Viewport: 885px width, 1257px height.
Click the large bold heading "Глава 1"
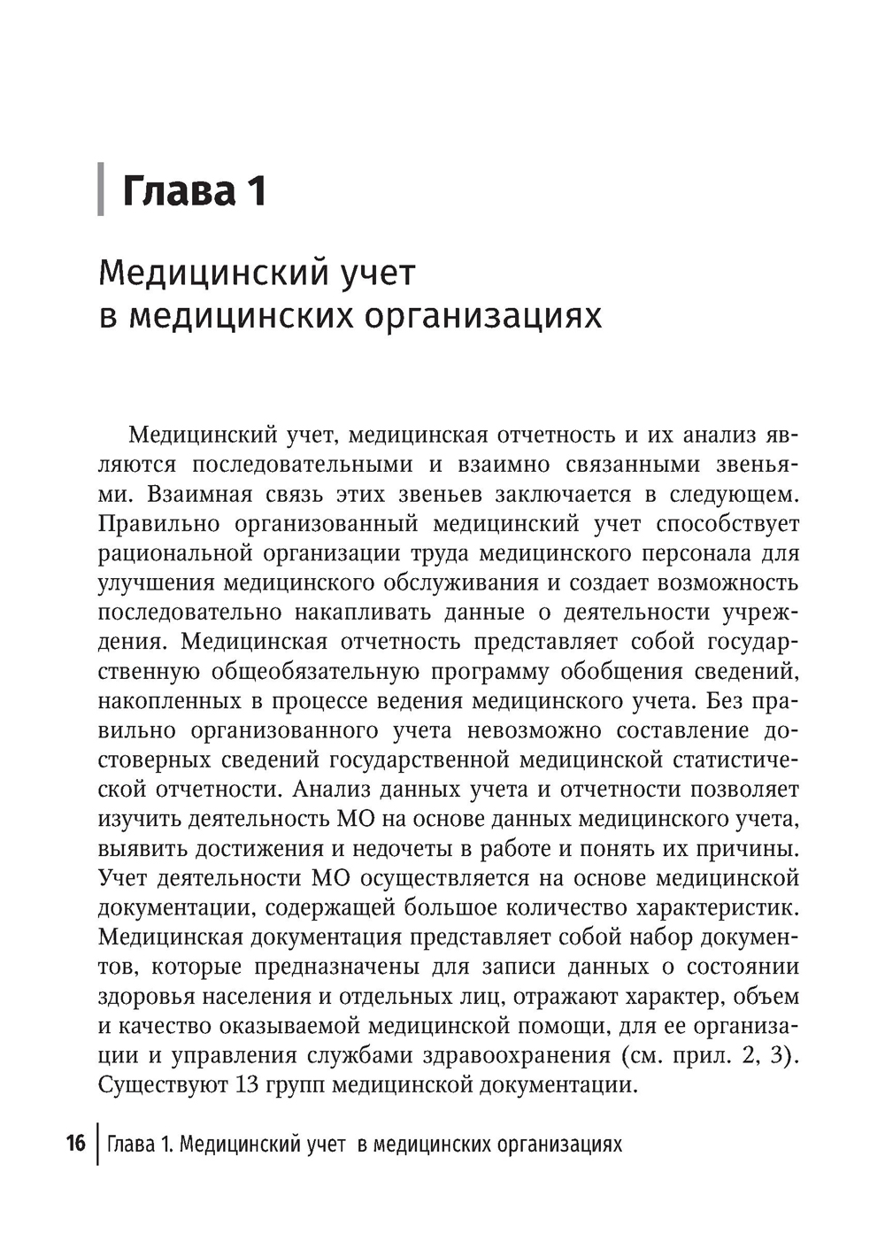coord(194,190)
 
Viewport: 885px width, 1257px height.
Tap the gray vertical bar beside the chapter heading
coord(101,189)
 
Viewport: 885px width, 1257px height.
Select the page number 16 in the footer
coord(75,1144)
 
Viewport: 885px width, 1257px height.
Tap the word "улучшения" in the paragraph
coord(157,582)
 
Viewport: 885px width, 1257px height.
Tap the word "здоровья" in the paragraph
coord(142,996)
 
